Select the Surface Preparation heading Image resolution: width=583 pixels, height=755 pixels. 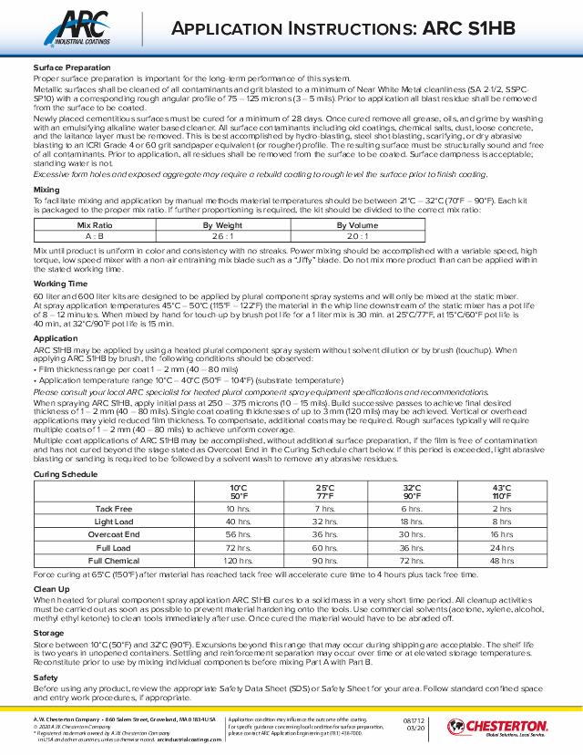(x=66, y=68)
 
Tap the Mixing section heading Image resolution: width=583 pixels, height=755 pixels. (x=46, y=190)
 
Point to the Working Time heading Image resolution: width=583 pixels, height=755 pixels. (x=57, y=284)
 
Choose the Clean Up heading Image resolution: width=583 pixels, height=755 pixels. (x=50, y=588)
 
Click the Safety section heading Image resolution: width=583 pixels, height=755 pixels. (x=46, y=677)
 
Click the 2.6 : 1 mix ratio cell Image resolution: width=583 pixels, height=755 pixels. (x=220, y=234)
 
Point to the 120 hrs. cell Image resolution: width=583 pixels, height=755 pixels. (x=238, y=560)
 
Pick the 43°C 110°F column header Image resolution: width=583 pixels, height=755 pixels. (x=501, y=491)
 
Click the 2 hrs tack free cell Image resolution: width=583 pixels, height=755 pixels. (x=501, y=508)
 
